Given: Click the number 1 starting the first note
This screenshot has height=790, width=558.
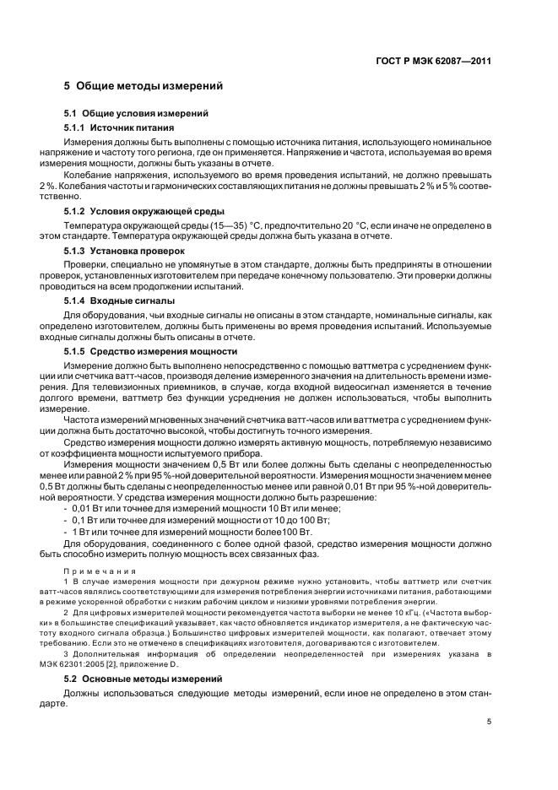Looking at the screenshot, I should tap(67, 582).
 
